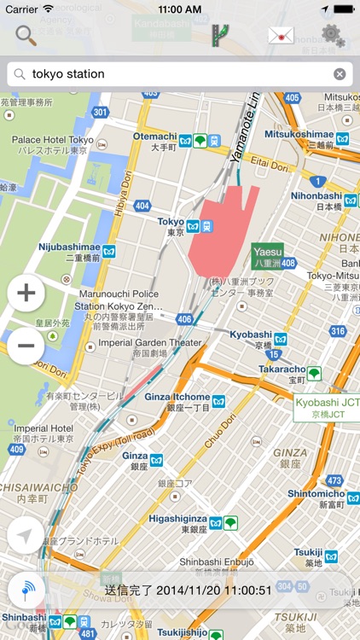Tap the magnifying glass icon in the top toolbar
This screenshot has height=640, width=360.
(x=26, y=35)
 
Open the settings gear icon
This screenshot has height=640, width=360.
(x=334, y=35)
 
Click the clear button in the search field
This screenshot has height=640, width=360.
(x=340, y=74)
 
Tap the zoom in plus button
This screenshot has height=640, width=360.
(x=26, y=294)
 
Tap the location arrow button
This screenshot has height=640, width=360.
(x=26, y=536)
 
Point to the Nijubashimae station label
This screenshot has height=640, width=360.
(x=69, y=247)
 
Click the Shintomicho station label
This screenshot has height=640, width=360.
(x=315, y=493)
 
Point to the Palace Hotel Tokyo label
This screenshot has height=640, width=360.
(x=52, y=140)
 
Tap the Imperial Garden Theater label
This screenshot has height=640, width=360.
(x=150, y=343)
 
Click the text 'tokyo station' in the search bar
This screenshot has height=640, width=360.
(x=68, y=74)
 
